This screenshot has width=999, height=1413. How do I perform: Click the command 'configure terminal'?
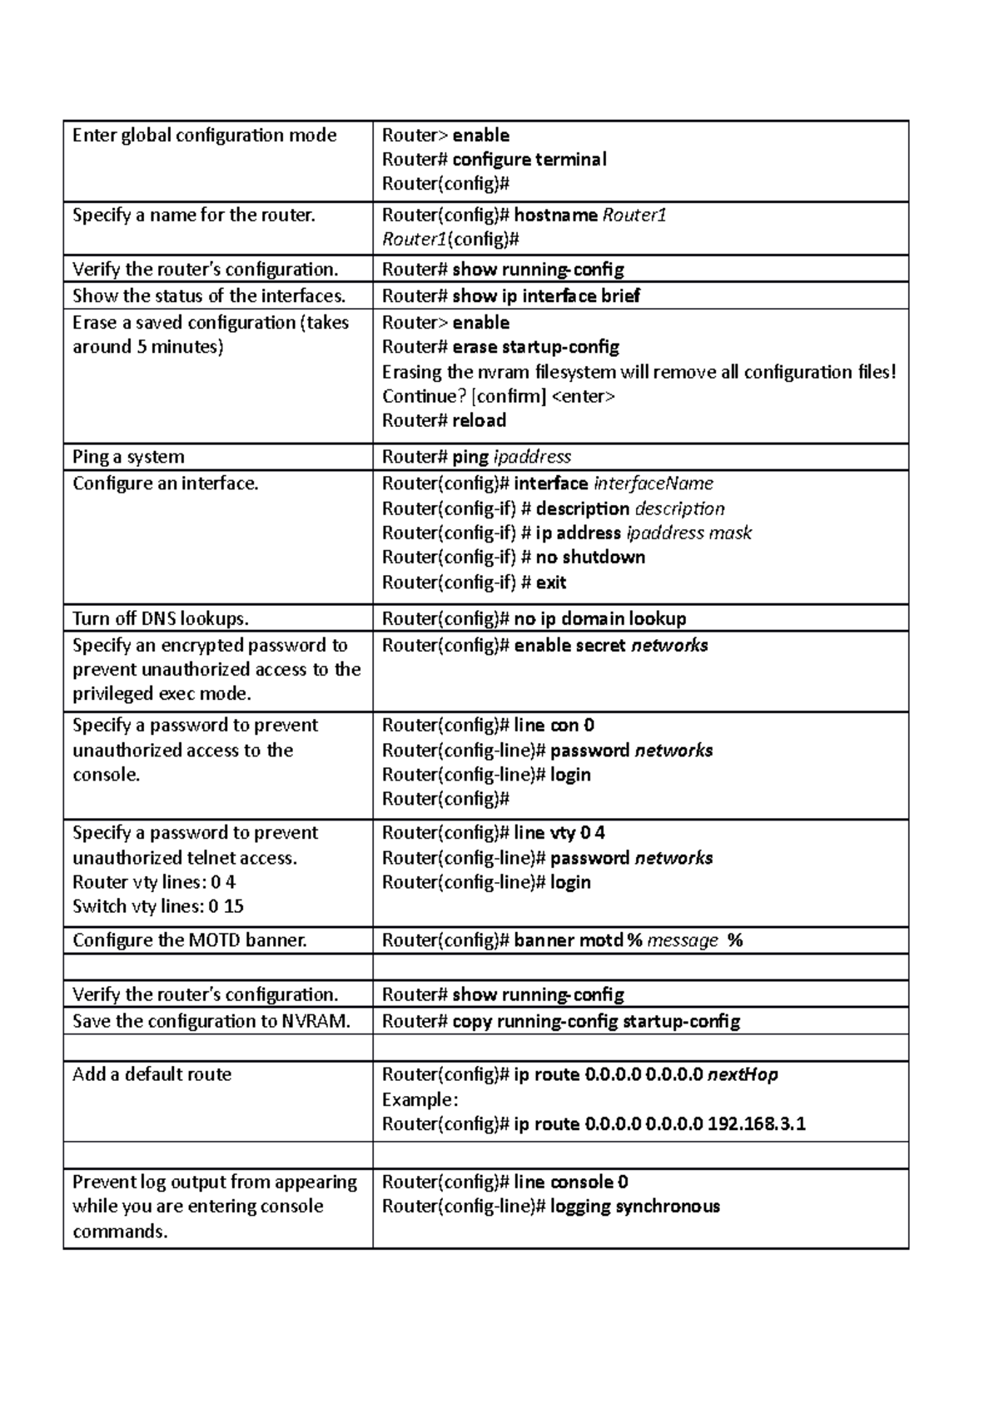pyautogui.click(x=529, y=159)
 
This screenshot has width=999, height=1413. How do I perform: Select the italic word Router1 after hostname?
pyautogui.click(x=634, y=216)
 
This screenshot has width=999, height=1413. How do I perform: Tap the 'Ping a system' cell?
pyautogui.click(x=128, y=457)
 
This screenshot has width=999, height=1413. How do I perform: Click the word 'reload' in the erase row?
pyautogui.click(x=479, y=420)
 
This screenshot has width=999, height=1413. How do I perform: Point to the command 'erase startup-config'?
pyautogui.click(x=535, y=347)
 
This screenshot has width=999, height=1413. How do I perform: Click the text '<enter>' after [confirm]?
pyautogui.click(x=584, y=396)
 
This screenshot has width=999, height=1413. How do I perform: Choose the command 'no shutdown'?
pyautogui.click(x=590, y=557)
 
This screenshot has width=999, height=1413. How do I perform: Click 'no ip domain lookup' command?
pyautogui.click(x=599, y=618)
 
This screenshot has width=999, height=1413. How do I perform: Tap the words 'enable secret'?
pyautogui.click(x=570, y=645)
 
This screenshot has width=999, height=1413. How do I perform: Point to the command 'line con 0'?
pyautogui.click(x=554, y=725)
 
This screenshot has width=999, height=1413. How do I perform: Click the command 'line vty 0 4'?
pyautogui.click(x=559, y=832)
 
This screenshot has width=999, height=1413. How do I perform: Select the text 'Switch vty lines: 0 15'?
pyautogui.click(x=157, y=906)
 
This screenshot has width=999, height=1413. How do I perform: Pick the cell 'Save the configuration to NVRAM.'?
pyautogui.click(x=211, y=1021)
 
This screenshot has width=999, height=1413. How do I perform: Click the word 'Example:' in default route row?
pyautogui.click(x=420, y=1099)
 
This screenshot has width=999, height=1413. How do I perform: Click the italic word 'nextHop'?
pyautogui.click(x=742, y=1074)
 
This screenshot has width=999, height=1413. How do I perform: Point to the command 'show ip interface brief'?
pyautogui.click(x=545, y=296)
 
